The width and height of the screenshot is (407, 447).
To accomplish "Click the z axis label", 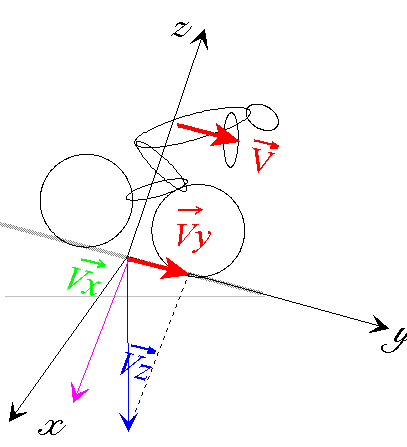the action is click(182, 29).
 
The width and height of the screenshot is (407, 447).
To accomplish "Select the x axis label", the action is click(52, 426).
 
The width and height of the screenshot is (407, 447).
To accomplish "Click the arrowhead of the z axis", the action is click(200, 38).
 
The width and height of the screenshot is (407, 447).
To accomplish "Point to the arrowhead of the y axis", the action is click(380, 324).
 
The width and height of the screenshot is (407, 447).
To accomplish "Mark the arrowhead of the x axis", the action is click(16, 412).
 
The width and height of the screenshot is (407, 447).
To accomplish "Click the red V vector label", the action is click(265, 155).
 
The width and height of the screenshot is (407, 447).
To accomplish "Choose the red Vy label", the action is click(193, 230).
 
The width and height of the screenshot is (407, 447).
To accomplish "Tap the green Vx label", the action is click(86, 276).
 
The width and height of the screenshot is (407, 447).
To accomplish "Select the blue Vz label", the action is click(137, 362).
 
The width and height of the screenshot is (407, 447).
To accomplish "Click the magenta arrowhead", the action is click(78, 393).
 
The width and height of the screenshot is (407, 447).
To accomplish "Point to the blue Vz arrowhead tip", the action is click(128, 431).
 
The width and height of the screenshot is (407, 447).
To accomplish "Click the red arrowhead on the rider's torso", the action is click(225, 136).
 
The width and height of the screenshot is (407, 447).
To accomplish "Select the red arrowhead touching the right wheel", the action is click(175, 269).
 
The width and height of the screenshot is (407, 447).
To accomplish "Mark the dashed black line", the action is click(160, 347).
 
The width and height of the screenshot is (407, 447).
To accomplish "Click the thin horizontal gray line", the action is click(135, 296).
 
